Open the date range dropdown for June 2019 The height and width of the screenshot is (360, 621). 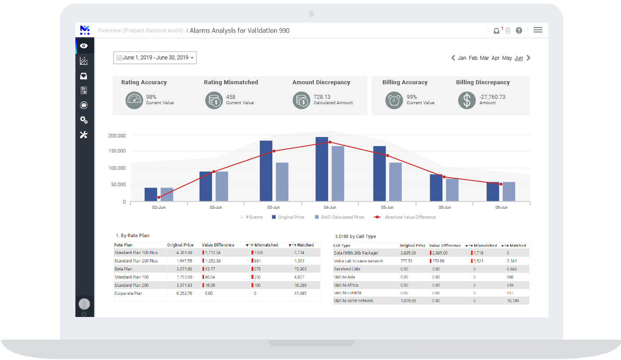(x=155, y=58)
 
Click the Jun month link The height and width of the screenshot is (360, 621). (x=519, y=58)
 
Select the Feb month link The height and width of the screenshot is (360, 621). (x=473, y=58)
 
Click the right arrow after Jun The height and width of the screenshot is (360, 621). (x=528, y=58)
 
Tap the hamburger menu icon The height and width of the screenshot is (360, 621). (x=538, y=30)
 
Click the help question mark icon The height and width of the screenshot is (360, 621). (x=519, y=31)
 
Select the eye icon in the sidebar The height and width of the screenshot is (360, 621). (x=84, y=46)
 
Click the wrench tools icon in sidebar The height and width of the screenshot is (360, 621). (x=84, y=135)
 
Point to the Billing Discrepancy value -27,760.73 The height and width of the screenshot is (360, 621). (x=492, y=97)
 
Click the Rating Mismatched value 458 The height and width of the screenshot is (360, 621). (x=231, y=97)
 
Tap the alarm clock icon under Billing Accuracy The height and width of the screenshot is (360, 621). (x=393, y=100)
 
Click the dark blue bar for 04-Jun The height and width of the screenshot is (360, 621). (x=322, y=169)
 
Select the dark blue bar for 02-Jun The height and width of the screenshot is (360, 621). (x=151, y=194)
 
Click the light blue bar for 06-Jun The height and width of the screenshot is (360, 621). (x=509, y=192)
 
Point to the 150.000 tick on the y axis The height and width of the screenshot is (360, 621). (x=117, y=151)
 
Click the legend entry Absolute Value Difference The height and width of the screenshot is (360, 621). (x=409, y=217)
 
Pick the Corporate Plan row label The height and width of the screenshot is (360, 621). (x=128, y=293)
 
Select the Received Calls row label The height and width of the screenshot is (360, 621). (x=347, y=269)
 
